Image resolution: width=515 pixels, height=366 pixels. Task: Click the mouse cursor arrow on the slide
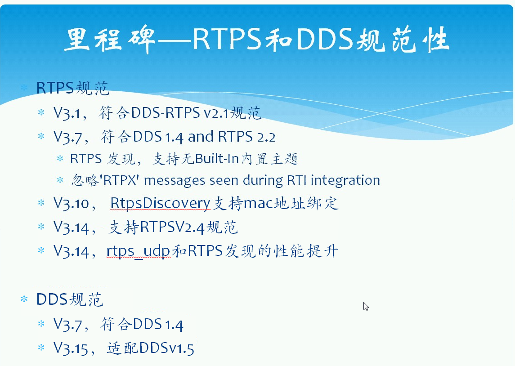(x=366, y=307)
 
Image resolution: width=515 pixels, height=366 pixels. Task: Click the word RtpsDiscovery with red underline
(x=160, y=204)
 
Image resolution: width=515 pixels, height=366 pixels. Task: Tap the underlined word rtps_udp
(x=139, y=251)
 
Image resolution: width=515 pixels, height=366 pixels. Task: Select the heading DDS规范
(x=70, y=299)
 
